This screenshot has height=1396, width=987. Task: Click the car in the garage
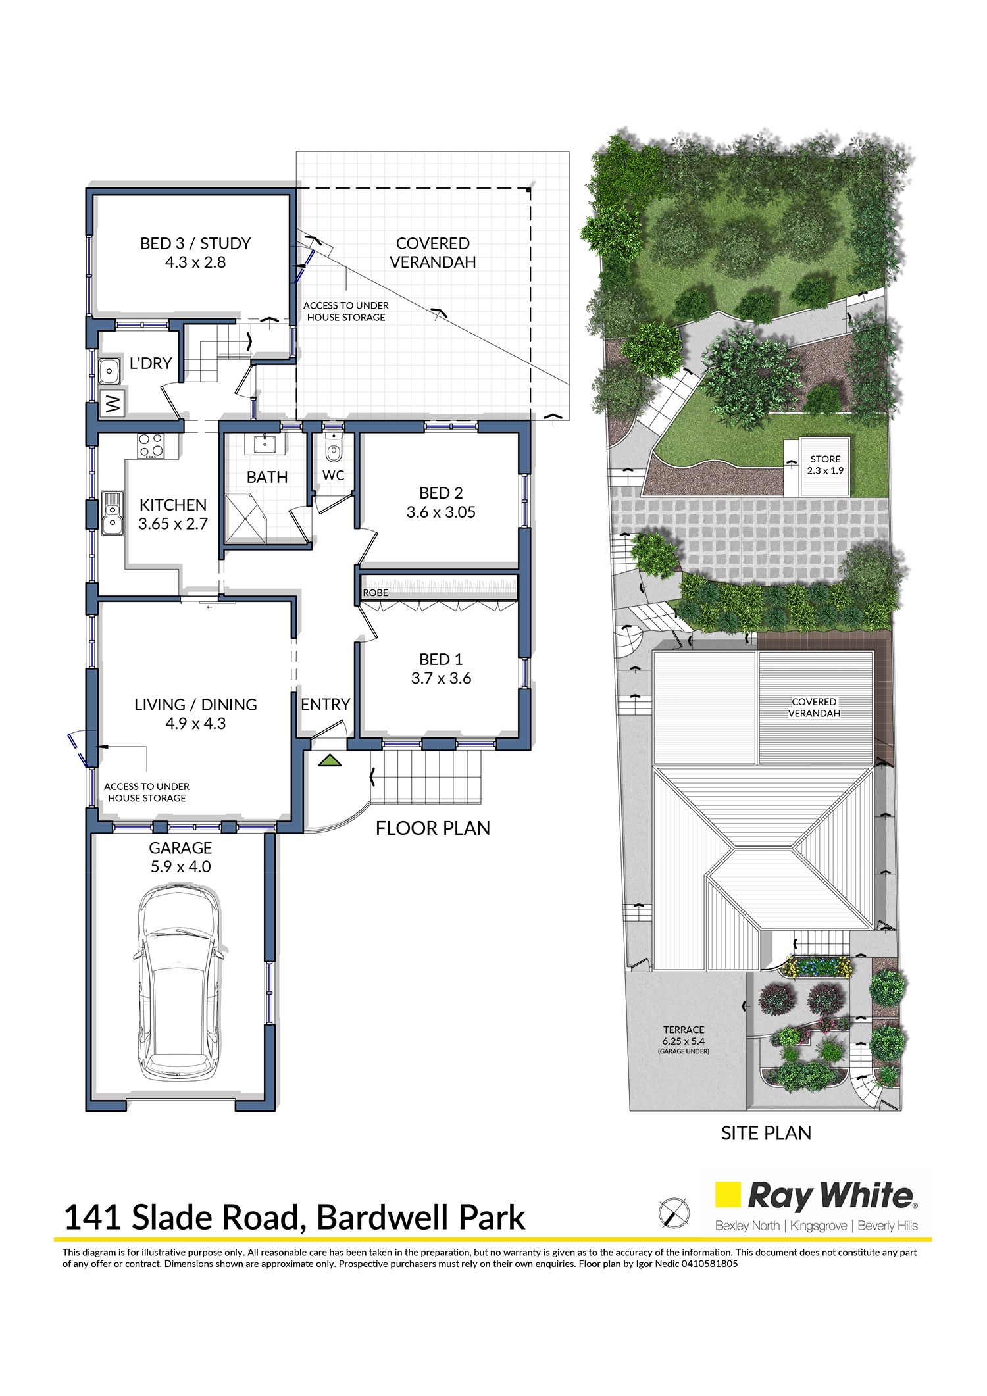(x=178, y=984)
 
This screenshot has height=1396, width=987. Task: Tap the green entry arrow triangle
(x=330, y=760)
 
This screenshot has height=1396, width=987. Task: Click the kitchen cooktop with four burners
(x=151, y=446)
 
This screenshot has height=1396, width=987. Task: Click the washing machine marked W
(x=113, y=403)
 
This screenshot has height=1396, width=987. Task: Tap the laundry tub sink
(x=109, y=371)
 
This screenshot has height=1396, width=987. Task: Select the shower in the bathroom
(x=245, y=518)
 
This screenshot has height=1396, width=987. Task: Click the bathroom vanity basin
(x=265, y=443)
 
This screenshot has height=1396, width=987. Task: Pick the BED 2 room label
(x=441, y=493)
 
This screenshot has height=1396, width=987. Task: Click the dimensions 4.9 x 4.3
(x=195, y=724)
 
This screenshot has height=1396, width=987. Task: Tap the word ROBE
(x=376, y=593)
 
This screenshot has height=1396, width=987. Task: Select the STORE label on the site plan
(x=825, y=459)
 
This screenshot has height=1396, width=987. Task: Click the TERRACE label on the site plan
(x=684, y=1030)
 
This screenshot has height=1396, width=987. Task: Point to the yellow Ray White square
(x=728, y=1195)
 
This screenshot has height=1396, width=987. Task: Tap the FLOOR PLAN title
(x=433, y=828)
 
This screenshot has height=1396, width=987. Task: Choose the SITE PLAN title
(x=766, y=1133)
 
